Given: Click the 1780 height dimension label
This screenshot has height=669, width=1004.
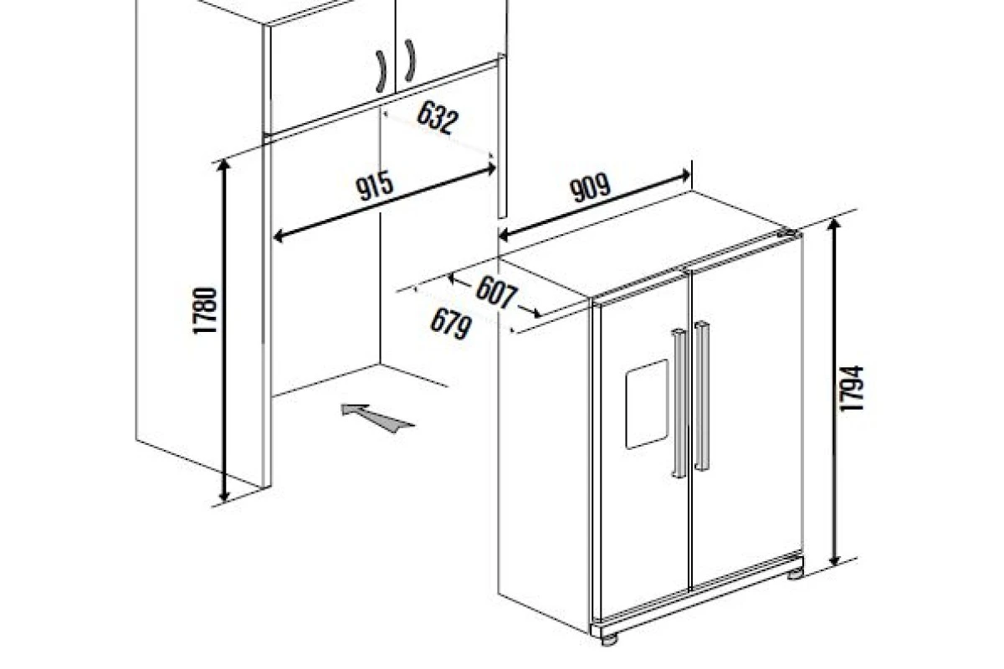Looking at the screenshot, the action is [205, 311].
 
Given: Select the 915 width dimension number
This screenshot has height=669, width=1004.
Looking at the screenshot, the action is [375, 186].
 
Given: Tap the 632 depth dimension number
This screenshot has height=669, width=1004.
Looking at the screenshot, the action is [438, 118].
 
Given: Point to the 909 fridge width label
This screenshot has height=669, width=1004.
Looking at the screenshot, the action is [590, 188].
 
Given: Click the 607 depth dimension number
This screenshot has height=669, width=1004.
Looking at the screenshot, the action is [496, 293].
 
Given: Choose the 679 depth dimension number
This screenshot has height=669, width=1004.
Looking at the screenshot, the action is [450, 323].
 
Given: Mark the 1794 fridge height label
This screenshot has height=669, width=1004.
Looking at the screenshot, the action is [851, 388].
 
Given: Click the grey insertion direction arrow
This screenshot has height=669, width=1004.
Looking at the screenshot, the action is [377, 417].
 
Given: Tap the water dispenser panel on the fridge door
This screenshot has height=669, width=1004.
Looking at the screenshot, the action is [647, 404].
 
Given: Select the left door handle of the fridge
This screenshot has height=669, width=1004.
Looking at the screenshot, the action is [679, 404].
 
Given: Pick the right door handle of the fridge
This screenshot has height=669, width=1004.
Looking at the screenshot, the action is [702, 396].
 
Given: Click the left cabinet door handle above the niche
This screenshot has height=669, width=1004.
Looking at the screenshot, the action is [381, 71].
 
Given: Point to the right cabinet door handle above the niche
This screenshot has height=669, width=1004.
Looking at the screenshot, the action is [410, 60].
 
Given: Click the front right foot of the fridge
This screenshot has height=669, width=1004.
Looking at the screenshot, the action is [795, 574].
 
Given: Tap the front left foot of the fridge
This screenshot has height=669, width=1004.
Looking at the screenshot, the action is [609, 640].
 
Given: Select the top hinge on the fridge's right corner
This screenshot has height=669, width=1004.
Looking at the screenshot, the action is [788, 233].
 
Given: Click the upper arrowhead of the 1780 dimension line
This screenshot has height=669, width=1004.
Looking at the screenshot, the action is [223, 165].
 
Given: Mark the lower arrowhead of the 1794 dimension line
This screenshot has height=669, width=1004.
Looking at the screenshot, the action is [834, 560].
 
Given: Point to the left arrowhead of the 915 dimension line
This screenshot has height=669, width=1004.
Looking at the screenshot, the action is [279, 235].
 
